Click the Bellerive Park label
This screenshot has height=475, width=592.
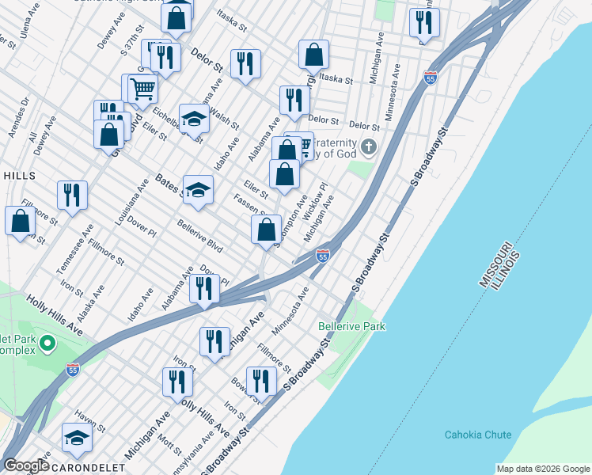351,326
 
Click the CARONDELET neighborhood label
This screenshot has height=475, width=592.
88,468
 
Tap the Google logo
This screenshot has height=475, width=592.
25,465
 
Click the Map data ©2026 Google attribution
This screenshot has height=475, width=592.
543,469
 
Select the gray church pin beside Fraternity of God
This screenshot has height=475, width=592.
368,147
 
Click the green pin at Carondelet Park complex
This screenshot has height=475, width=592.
47,344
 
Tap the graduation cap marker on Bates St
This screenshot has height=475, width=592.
199,189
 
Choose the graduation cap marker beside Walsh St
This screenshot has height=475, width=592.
193,119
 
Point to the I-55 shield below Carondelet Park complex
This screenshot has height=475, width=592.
73,370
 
